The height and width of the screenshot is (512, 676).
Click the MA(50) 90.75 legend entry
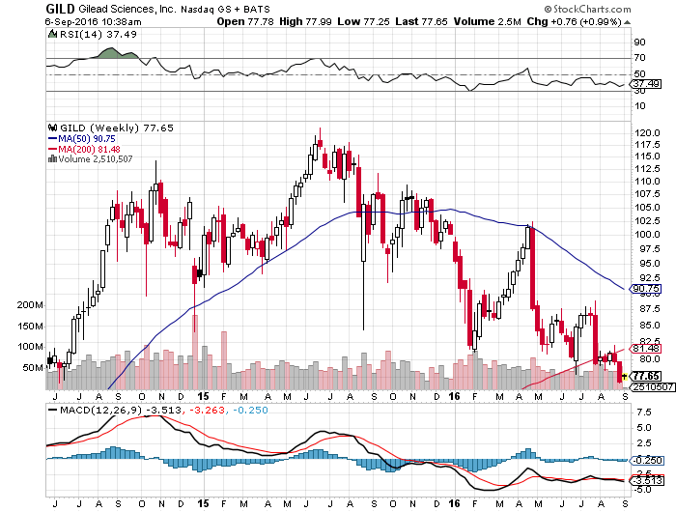[x=80, y=137]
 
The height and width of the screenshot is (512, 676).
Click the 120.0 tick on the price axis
[x=647, y=132]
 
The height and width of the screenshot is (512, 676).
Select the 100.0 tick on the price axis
[x=647, y=233]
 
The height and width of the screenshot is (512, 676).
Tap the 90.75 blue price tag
[x=645, y=288]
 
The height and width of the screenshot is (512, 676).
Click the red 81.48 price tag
[x=645, y=348]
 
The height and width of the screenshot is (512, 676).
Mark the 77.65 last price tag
[x=645, y=375]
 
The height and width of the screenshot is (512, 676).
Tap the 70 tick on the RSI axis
[x=639, y=58]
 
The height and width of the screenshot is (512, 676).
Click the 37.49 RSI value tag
[x=645, y=84]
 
